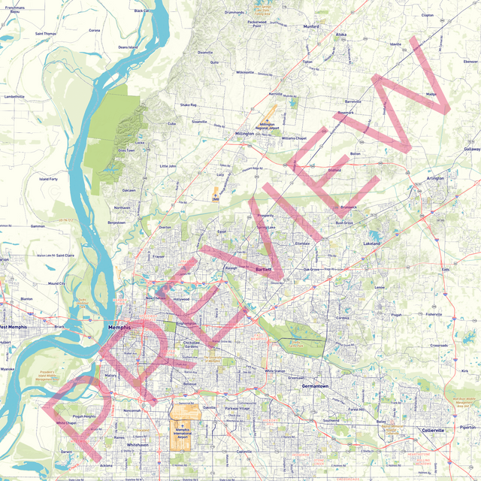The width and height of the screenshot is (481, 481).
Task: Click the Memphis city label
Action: click(119, 328)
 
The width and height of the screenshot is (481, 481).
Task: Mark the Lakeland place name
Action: click(372, 244)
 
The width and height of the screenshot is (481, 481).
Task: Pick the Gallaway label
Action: click(471, 149)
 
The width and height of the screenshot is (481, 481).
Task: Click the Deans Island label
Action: click(128, 47)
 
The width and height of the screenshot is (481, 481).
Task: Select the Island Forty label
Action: click(49, 179)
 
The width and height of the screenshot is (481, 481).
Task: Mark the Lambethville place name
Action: click(14, 97)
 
